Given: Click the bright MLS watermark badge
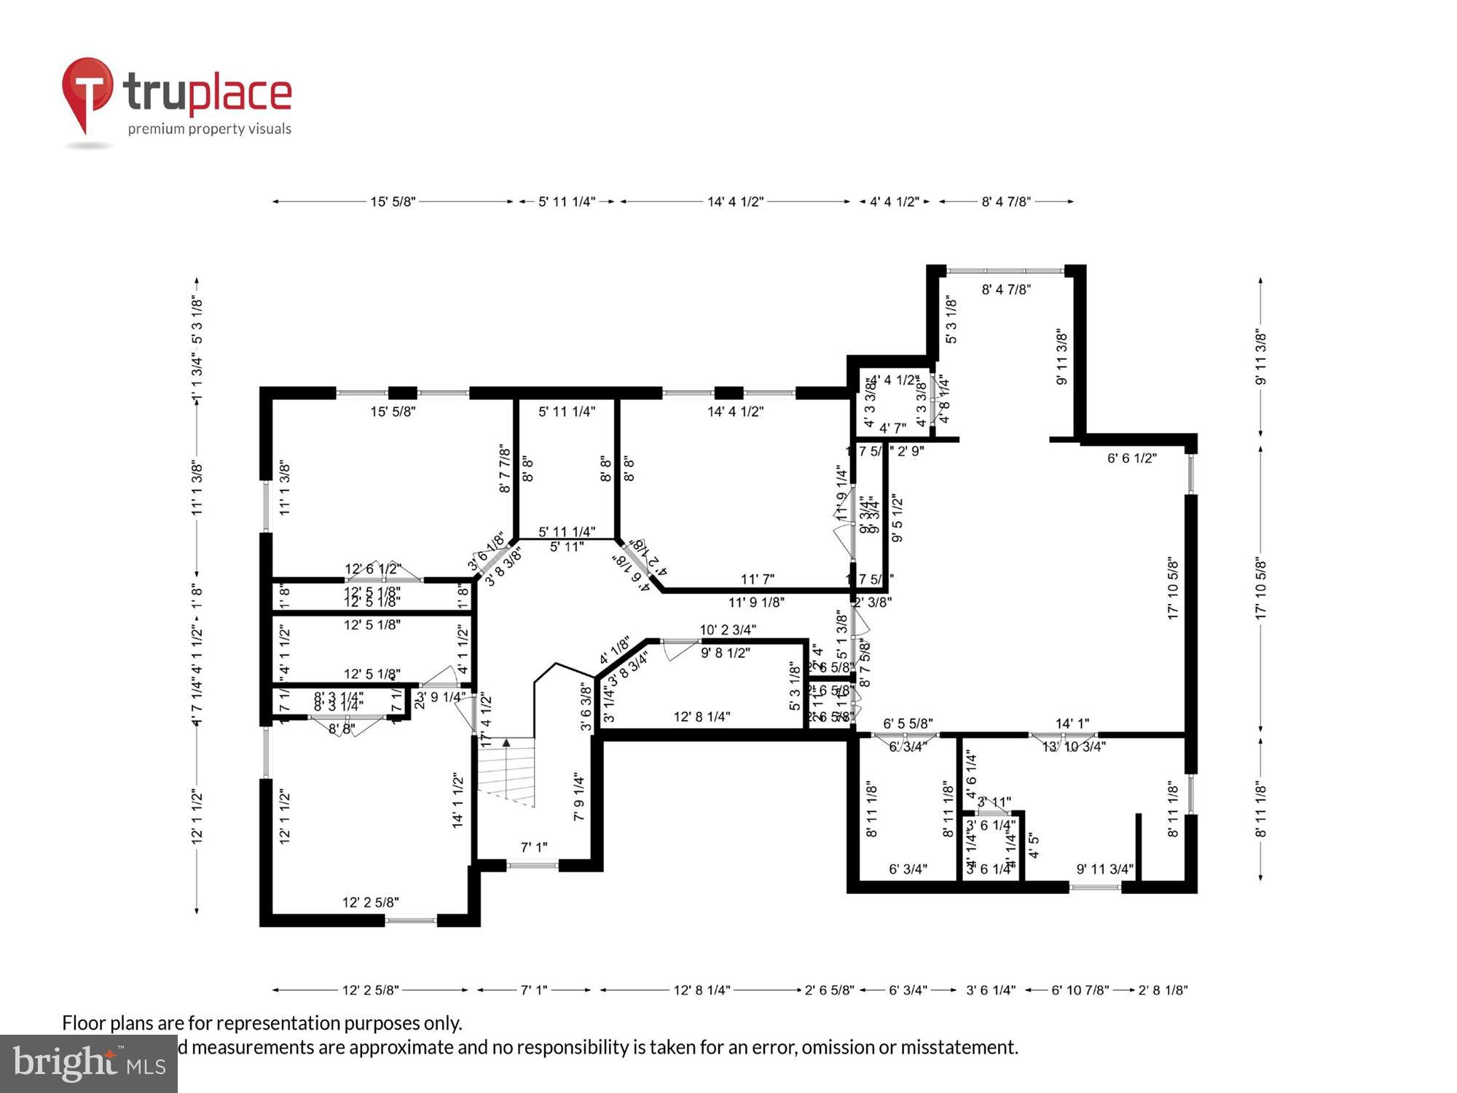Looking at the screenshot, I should click(x=89, y=1063).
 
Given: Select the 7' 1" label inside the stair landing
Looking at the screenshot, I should click(x=533, y=847).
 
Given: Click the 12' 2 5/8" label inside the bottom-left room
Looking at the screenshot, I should click(x=370, y=902).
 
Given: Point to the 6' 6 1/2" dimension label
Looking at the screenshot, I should click(x=1131, y=458).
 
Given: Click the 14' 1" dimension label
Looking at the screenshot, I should click(x=1072, y=723).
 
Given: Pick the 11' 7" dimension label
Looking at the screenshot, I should click(x=757, y=579).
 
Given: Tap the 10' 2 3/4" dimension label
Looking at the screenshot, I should click(x=728, y=629).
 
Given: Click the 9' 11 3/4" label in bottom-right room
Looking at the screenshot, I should click(x=1104, y=869).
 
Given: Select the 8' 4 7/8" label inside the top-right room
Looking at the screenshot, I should click(x=1005, y=289).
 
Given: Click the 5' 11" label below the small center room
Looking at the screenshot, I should click(x=566, y=546).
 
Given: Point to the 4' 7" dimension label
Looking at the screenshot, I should click(x=892, y=428).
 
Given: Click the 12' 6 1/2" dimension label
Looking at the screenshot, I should click(x=372, y=568).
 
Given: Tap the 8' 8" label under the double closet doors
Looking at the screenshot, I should click(x=341, y=728).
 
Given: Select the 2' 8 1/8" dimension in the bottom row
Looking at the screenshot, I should click(x=1163, y=990).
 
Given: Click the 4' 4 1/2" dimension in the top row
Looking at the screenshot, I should click(x=894, y=201).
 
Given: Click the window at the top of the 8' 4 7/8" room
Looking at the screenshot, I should click(x=1005, y=271).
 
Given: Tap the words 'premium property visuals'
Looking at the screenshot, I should click(x=209, y=129).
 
